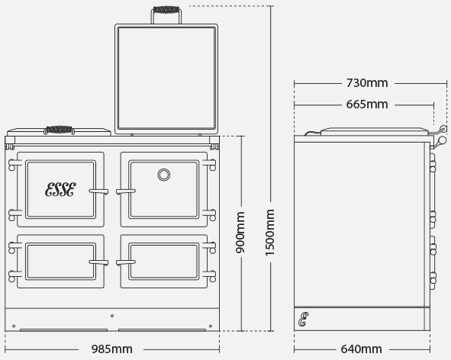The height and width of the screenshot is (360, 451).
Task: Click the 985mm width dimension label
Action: tap(112, 349)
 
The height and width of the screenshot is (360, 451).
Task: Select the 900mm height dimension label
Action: tap(240, 233)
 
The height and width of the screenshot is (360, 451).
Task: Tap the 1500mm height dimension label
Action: tap(270, 233)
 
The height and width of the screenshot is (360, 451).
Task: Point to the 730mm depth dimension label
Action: tap(367, 83)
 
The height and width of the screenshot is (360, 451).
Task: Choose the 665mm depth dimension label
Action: tap(367, 104)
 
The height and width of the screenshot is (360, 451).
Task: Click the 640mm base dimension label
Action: tap(361, 349)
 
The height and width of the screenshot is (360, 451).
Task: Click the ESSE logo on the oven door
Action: tap(60, 189)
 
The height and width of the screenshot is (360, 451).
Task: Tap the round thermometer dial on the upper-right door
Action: tap(163, 175)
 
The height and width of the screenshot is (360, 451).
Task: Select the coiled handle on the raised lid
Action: tap(166, 10)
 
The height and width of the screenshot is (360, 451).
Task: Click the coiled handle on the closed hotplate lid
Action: tap(60, 130)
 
